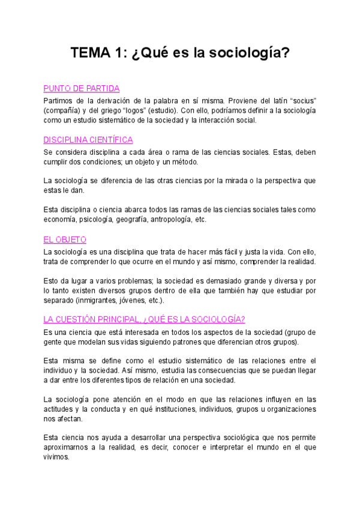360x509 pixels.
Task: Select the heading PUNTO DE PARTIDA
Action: [x=82, y=88]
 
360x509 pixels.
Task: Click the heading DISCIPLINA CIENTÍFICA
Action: [x=88, y=140]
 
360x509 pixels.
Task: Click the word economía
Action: [x=61, y=219]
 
